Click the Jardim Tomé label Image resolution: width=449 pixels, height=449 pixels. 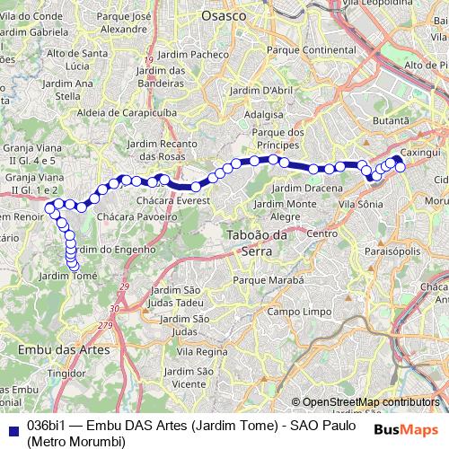pyautogui.click(x=74, y=277)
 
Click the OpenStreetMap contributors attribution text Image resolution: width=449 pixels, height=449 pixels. pyautogui.click(x=372, y=402)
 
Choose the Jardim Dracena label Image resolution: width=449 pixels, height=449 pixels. pyautogui.click(x=306, y=188)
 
